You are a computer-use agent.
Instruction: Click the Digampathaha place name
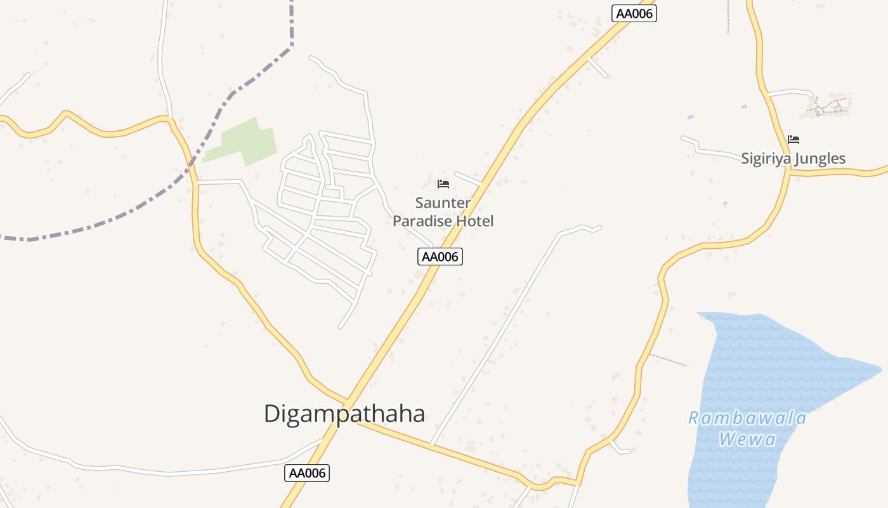tap(344, 414)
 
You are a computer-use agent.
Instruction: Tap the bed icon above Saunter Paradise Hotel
tap(443, 184)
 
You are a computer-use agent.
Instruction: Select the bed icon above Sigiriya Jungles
tap(793, 140)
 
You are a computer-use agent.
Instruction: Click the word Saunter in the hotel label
tap(443, 203)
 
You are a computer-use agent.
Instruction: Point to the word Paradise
tap(422, 221)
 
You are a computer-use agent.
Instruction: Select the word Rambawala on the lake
tap(747, 418)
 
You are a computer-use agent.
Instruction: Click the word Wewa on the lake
tap(747, 439)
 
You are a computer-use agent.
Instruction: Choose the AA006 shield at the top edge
tap(634, 13)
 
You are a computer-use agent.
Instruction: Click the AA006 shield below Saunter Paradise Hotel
tap(440, 257)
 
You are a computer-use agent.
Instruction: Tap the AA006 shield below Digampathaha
tap(308, 472)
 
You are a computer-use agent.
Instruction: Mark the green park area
tap(244, 141)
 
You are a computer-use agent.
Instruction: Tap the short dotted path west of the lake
tap(667, 360)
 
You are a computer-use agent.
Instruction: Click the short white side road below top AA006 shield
tap(598, 67)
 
